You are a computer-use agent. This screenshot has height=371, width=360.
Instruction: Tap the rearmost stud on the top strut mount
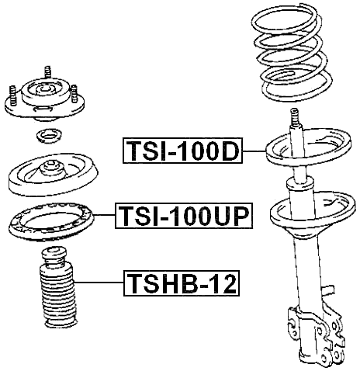point(49,74)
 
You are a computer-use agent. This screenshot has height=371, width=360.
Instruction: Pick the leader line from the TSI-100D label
point(253,151)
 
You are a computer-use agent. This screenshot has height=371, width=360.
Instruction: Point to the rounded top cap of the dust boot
point(53,256)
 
